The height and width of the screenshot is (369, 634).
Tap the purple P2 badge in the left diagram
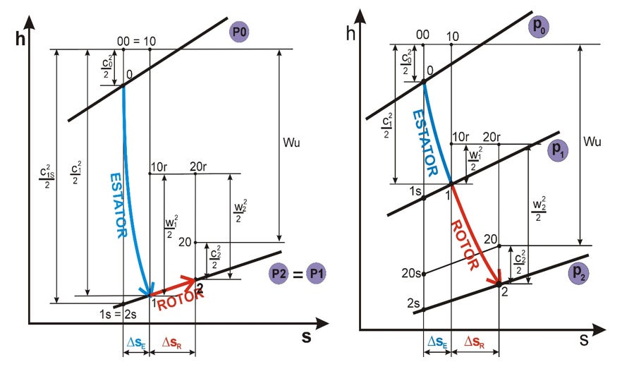coord(278,273)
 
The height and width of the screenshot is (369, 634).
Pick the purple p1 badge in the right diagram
coord(559,151)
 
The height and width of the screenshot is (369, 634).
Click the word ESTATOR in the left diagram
coord(118,204)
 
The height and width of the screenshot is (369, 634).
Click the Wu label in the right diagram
coord(592,142)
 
